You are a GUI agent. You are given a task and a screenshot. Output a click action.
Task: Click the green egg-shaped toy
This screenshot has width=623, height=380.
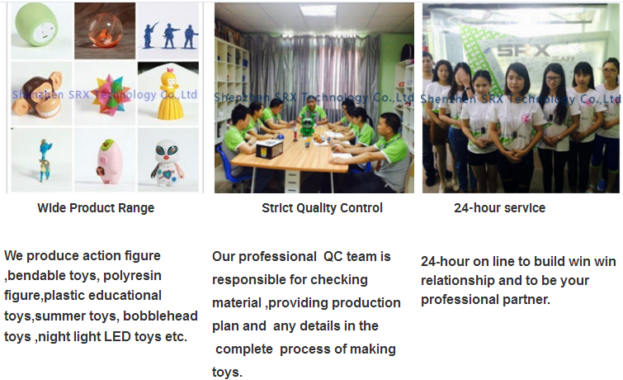36,25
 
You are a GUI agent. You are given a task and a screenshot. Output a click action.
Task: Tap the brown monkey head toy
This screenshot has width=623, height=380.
37,95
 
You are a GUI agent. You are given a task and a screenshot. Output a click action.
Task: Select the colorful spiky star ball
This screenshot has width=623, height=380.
110,95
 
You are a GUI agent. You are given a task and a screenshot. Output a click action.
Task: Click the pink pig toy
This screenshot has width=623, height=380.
107,162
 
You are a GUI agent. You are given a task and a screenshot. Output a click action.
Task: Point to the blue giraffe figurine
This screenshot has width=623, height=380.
45,160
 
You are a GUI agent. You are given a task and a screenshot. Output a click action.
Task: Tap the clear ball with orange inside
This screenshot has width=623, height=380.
103,31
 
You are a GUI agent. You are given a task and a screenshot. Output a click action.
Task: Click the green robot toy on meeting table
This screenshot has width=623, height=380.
307,126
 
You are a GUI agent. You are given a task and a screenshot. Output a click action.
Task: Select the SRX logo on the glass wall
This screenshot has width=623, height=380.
523,50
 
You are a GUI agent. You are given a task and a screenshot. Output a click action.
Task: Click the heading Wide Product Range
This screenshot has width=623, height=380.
96,207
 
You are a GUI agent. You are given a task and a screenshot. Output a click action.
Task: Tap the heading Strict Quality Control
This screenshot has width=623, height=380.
323,207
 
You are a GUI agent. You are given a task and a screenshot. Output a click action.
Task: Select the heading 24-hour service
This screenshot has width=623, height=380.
500,207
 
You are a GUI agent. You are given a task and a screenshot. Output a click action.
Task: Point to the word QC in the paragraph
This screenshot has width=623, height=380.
333,257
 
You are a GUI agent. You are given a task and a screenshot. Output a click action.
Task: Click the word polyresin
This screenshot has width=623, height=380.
132,275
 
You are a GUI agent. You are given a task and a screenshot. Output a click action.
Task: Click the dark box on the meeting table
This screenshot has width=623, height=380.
269,150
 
